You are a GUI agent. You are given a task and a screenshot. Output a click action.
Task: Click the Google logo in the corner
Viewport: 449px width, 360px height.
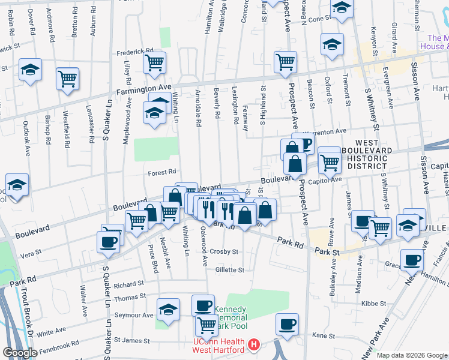tap(20, 353)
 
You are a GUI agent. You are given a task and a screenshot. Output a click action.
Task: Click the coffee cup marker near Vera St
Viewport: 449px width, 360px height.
tap(108, 242)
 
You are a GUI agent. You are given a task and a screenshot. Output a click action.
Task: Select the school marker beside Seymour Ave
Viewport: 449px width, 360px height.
tap(168, 310)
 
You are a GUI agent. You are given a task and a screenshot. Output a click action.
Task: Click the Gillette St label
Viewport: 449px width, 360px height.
tap(229, 270)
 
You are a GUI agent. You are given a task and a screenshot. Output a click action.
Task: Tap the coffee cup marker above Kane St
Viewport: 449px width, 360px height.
tap(287, 324)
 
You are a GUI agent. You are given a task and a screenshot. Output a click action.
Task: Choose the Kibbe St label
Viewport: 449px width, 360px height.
tap(373, 304)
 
